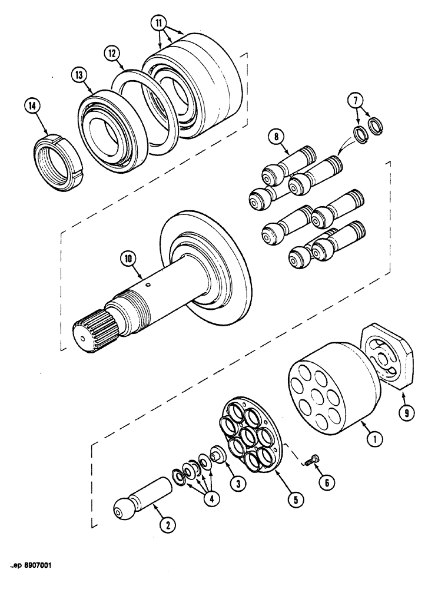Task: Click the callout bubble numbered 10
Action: coord(129,257)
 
